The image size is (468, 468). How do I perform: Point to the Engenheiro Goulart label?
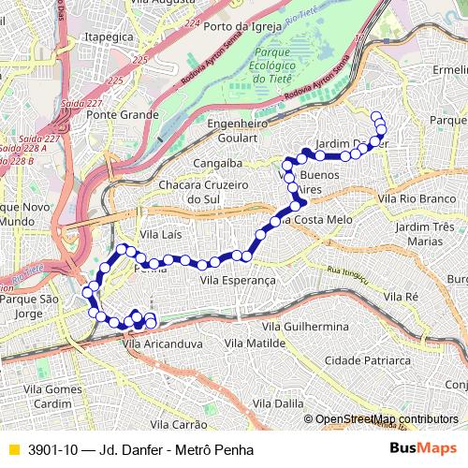click(238, 130)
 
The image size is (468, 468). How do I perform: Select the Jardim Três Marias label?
click(424, 234)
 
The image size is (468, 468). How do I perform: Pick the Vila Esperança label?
click(238, 280)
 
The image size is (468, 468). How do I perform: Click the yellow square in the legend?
click(13, 449)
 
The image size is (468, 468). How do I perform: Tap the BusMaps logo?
click(423, 449)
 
